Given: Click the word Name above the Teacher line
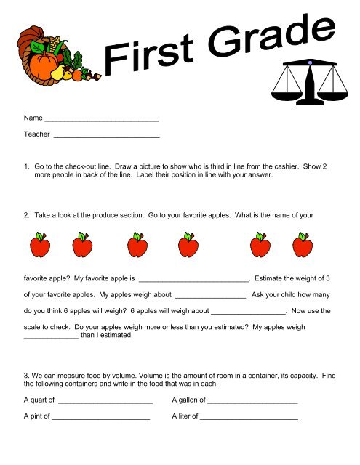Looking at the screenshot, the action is [x=33, y=117].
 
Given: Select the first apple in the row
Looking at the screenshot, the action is [x=41, y=246].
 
